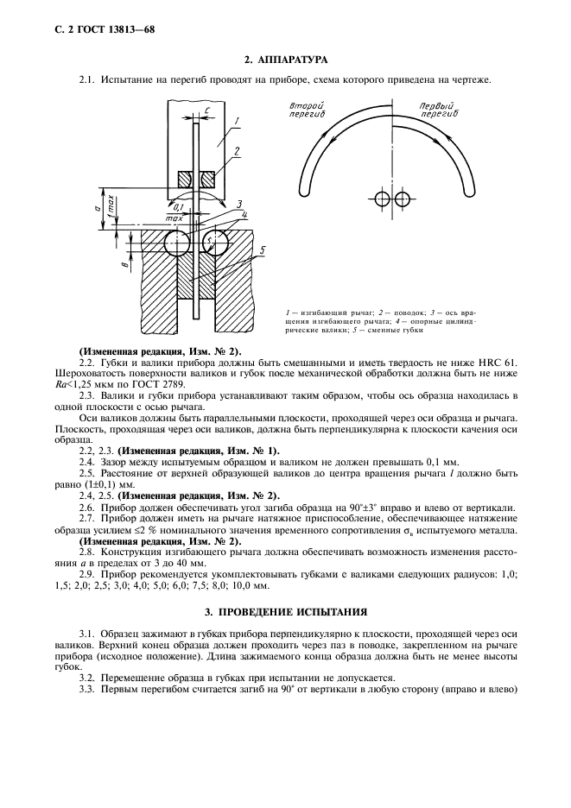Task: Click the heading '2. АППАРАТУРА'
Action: pyautogui.click(x=285, y=60)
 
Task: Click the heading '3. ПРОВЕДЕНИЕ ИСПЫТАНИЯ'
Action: pyautogui.click(x=285, y=612)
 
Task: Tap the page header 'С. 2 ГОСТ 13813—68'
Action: pyautogui.click(x=92, y=29)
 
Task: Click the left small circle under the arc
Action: pyautogui.click(x=383, y=199)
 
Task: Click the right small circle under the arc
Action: pyautogui.click(x=402, y=199)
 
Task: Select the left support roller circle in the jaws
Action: pyautogui.click(x=175, y=243)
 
